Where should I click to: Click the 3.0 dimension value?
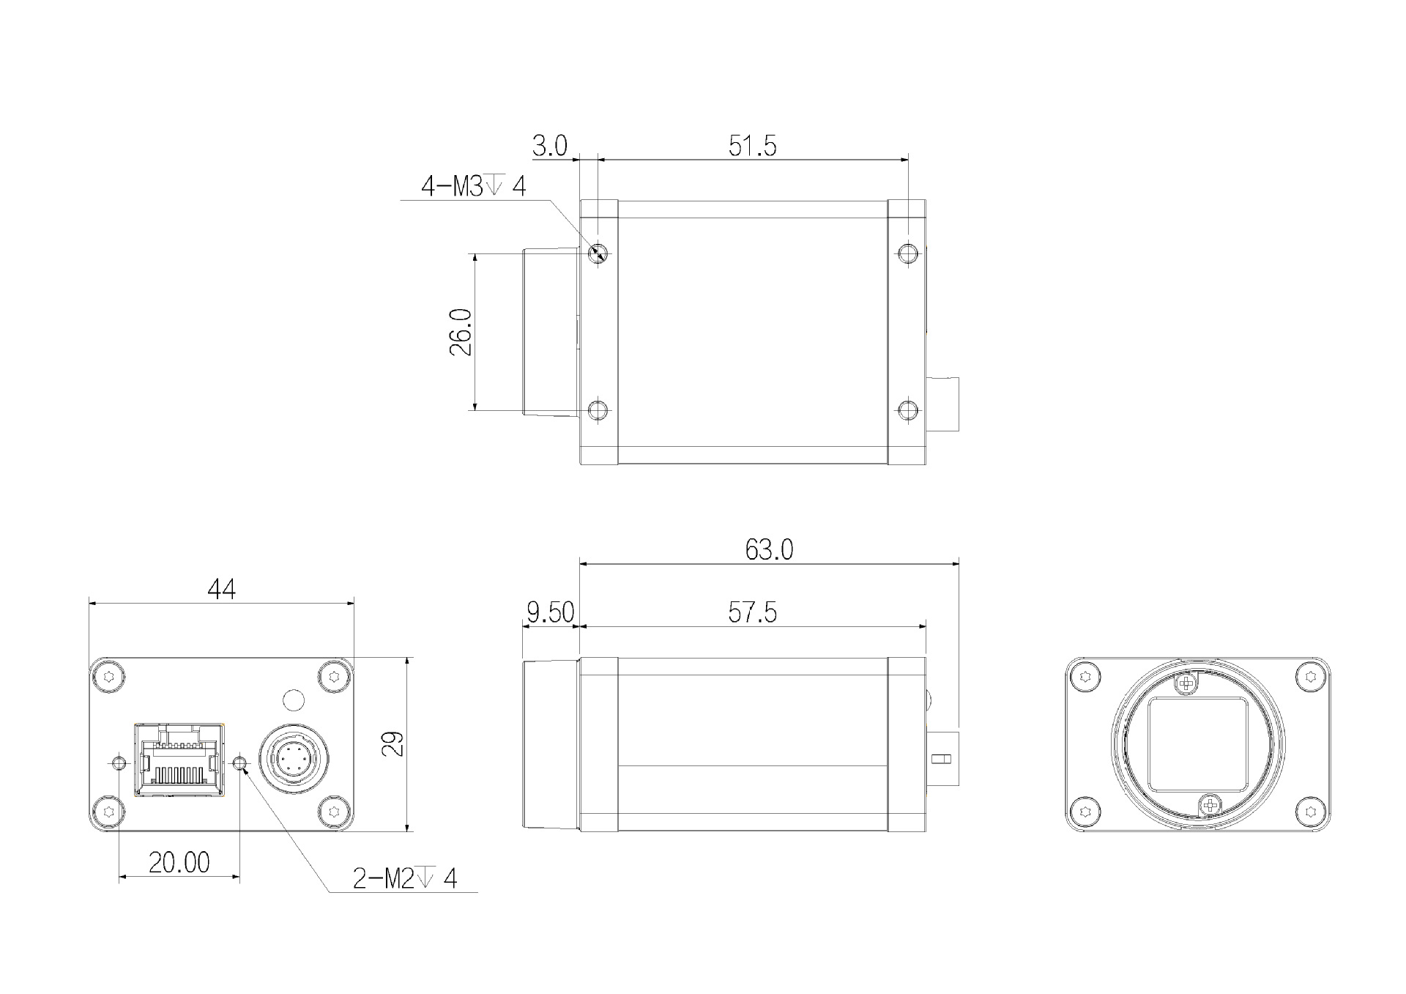pyautogui.click(x=549, y=146)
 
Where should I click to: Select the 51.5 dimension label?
pyautogui.click(x=752, y=146)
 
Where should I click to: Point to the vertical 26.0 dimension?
pyautogui.click(x=461, y=332)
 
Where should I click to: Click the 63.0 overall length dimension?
pyautogui.click(x=769, y=549)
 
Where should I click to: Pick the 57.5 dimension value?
pyautogui.click(x=752, y=612)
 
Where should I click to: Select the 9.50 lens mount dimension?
pyautogui.click(x=550, y=612)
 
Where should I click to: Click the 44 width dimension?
pyautogui.click(x=221, y=589)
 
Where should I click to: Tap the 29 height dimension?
pyautogui.click(x=393, y=744)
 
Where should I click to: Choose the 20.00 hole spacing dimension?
pyautogui.click(x=179, y=863)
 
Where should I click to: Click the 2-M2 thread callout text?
pyautogui.click(x=404, y=878)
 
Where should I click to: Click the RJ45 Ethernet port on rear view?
pyautogui.click(x=179, y=760)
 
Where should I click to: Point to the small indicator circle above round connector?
pyautogui.click(x=293, y=700)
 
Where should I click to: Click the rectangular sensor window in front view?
pyautogui.click(x=1197, y=745)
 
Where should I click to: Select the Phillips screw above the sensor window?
pyautogui.click(x=1184, y=684)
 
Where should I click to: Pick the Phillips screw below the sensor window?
pyautogui.click(x=1211, y=806)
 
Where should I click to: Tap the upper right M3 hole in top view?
pyautogui.click(x=908, y=254)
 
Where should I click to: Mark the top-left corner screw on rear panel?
pyautogui.click(x=109, y=676)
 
